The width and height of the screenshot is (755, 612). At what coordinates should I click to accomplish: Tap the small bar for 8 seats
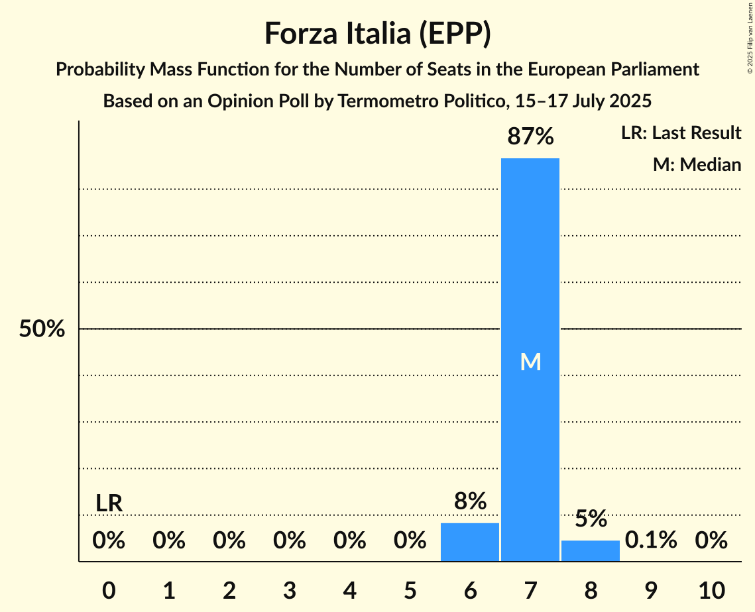[x=591, y=550]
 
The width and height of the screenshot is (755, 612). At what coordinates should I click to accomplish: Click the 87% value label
[x=530, y=137]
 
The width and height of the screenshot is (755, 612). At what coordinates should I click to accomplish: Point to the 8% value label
[x=470, y=502]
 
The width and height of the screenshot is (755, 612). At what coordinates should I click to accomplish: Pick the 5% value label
[x=591, y=519]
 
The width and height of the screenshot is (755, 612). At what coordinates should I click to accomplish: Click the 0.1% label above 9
[x=651, y=540]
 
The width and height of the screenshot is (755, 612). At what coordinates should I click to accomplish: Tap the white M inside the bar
[x=530, y=362]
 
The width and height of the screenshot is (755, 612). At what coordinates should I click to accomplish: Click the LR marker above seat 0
[x=109, y=503]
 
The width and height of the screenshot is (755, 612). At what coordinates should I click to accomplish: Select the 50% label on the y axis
[x=42, y=329]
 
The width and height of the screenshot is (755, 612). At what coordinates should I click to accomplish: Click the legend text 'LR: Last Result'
[x=681, y=133]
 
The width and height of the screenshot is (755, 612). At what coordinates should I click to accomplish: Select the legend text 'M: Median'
[x=697, y=164]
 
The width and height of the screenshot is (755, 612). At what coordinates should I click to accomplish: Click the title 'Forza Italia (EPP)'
[x=377, y=34]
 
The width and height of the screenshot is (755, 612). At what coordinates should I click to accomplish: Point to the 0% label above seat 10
[x=711, y=540]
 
